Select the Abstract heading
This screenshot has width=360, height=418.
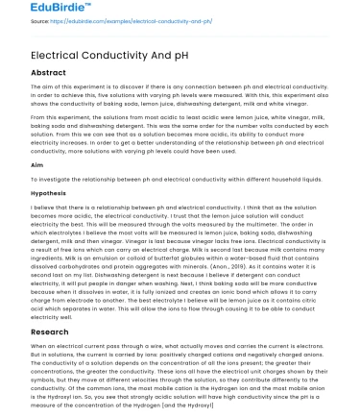pyautogui.click(x=24, y=72)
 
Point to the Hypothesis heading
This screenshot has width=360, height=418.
pyautogui.click(x=25, y=193)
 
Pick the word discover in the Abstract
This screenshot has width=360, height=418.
pyautogui.click(x=122, y=86)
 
